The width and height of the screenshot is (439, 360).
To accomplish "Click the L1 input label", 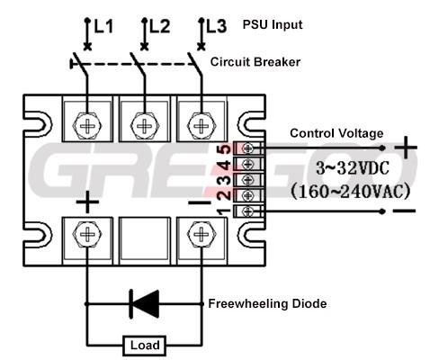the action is [x=103, y=26].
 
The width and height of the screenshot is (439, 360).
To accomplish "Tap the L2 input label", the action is [x=160, y=26].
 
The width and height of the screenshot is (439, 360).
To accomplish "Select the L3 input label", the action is [x=217, y=26].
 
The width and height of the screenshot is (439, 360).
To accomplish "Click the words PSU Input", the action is [x=273, y=24].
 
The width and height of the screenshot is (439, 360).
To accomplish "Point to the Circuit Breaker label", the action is [x=255, y=62].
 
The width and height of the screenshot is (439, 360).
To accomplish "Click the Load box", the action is [x=145, y=346].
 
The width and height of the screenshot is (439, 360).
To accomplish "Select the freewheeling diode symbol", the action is [x=144, y=304].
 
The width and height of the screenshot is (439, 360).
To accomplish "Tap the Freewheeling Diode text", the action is [x=267, y=303].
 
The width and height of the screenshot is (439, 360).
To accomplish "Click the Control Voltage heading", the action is [x=336, y=133].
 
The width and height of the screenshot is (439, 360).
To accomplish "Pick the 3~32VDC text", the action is [x=353, y=168].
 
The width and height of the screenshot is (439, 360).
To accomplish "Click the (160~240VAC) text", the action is [x=351, y=192].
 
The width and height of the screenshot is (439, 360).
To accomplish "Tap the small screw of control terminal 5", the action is [x=248, y=148].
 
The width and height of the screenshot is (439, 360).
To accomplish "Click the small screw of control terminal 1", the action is [x=248, y=211].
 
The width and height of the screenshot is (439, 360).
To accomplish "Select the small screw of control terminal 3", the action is [x=248, y=180].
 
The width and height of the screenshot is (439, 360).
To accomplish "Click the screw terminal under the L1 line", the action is [x=87, y=126].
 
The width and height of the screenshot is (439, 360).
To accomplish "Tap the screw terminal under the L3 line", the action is [x=202, y=126].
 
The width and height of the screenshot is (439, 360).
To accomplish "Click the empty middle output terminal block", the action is [x=145, y=241].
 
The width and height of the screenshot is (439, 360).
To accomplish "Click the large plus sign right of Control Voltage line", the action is [x=406, y=148].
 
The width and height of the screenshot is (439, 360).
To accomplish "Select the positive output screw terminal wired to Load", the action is [x=87, y=234].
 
